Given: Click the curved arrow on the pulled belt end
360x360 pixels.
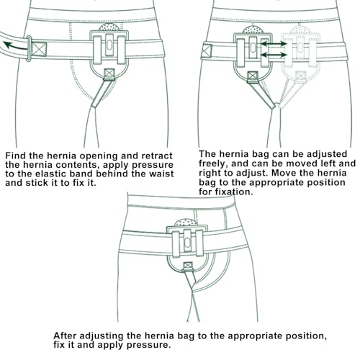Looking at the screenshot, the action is (15, 46).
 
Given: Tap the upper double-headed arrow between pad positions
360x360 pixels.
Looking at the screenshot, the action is (274, 44).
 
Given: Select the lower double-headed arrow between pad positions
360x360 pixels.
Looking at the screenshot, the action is (274, 55).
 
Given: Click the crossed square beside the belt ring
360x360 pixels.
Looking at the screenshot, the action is (39, 49).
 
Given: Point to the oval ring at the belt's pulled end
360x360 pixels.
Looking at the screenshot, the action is (28, 49).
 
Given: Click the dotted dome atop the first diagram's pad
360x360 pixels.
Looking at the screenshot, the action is (109, 27).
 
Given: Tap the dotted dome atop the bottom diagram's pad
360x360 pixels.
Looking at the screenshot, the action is (186, 222).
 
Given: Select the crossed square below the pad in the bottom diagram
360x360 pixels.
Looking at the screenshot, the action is (188, 266).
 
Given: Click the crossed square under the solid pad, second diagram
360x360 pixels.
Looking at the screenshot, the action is (253, 76).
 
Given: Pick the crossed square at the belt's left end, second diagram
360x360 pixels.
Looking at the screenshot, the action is (207, 51).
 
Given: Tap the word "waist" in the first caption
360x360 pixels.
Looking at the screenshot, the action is (161, 174).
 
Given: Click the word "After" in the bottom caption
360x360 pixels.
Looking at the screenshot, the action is (65, 336).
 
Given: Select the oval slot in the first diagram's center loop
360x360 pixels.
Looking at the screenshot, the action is (109, 45).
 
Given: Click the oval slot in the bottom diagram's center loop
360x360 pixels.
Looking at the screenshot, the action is (187, 243).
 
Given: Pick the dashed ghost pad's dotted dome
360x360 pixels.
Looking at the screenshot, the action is (300, 30).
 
